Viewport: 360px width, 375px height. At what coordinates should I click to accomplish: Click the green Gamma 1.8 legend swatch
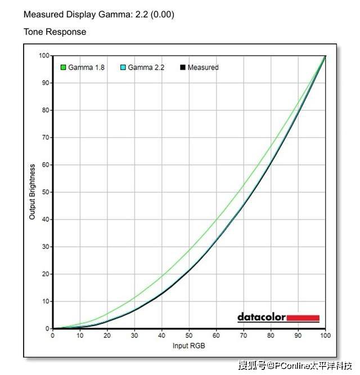click(64, 68)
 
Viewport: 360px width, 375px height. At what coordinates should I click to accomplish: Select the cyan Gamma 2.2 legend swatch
click(123, 68)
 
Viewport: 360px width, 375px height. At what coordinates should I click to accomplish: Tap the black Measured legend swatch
click(182, 68)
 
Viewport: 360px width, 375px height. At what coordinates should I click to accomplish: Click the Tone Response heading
click(55, 32)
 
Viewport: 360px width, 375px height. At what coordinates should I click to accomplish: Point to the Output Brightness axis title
click(33, 192)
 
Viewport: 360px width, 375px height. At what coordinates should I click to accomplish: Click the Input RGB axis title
click(189, 345)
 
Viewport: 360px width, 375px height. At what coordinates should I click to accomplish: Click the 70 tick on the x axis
click(244, 336)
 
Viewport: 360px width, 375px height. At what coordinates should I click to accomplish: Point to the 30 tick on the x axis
click(134, 336)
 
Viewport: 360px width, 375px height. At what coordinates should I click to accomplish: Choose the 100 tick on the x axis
click(325, 336)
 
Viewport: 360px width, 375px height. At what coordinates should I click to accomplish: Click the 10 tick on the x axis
click(80, 336)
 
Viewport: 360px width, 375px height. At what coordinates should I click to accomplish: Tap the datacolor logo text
click(262, 318)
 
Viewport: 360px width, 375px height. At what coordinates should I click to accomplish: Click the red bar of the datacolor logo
click(303, 318)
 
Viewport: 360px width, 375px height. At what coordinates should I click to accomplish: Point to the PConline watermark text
click(295, 366)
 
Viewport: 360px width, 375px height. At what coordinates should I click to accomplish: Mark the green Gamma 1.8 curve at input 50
click(189, 249)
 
